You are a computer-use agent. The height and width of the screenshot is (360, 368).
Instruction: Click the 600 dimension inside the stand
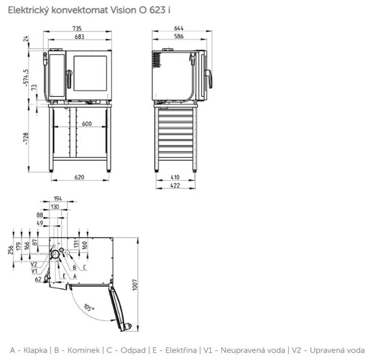coord(87,124)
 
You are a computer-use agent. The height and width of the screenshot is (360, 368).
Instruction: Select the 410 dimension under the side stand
coord(175,178)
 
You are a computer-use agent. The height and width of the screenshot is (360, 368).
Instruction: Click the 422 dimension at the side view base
coord(175,186)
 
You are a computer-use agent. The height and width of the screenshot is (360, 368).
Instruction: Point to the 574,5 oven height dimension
coord(25,77)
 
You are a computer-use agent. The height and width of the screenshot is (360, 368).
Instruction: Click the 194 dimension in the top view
coord(57,198)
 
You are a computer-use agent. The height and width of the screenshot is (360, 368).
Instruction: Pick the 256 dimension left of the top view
coord(10,250)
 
